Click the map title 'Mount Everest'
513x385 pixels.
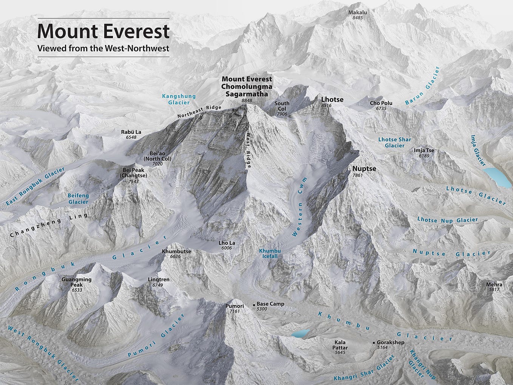pyautogui.click(x=103, y=31)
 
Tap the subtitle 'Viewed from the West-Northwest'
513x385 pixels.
pyautogui.click(x=103, y=48)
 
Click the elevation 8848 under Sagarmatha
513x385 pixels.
pyautogui.click(x=246, y=101)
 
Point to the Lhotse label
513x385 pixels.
pyautogui.click(x=332, y=99)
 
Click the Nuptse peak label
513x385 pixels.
pyautogui.click(x=364, y=169)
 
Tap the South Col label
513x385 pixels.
pyautogui.click(x=282, y=106)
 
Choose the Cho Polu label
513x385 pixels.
pyautogui.click(x=381, y=103)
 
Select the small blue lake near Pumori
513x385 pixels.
pyautogui.click(x=301, y=333)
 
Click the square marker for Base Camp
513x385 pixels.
pyautogui.click(x=254, y=304)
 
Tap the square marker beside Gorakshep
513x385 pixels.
pyautogui.click(x=374, y=343)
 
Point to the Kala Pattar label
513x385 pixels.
pyautogui.click(x=340, y=345)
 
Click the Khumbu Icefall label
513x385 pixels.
pyautogui.click(x=270, y=253)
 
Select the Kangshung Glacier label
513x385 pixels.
pyautogui.click(x=179, y=99)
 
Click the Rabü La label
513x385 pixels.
pyautogui.click(x=131, y=132)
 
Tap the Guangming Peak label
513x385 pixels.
pyautogui.click(x=77, y=282)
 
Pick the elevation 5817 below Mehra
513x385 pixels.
pyautogui.click(x=494, y=289)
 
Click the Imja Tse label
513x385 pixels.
pyautogui.click(x=424, y=150)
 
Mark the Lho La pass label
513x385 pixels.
pyautogui.click(x=225, y=243)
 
